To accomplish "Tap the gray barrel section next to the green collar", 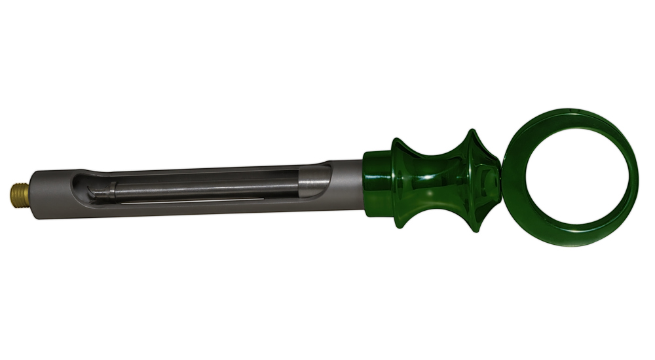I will pyautogui.click(x=347, y=184).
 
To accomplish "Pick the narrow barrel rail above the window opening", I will pyautogui.click(x=196, y=169).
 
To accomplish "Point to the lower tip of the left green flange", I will pyautogui.click(x=399, y=226).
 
